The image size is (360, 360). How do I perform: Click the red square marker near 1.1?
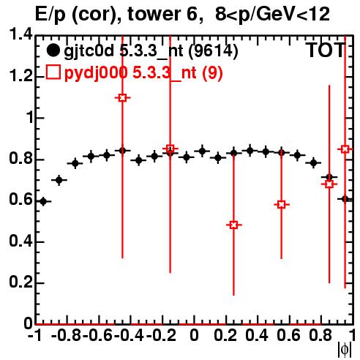122,98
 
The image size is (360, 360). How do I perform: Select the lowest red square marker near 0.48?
233,225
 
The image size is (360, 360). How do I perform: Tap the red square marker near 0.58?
282,205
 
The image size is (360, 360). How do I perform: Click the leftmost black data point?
43,201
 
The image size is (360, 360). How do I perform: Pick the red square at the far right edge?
345,149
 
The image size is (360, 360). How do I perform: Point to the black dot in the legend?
53,50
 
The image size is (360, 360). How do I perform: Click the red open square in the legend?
53,72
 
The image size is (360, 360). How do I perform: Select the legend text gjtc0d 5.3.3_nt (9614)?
151,51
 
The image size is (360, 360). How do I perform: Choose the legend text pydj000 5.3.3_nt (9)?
143,72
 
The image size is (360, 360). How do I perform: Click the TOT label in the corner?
326,50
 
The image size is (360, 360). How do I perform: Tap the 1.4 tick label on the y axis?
20,34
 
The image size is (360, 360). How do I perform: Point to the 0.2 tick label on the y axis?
20,282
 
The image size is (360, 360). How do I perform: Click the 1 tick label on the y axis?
29,117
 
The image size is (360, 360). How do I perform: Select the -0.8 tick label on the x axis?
67,335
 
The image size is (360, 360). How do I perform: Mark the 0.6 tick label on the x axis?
288,335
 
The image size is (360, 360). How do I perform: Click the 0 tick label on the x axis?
194,335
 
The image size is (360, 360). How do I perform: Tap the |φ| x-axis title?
345,350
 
